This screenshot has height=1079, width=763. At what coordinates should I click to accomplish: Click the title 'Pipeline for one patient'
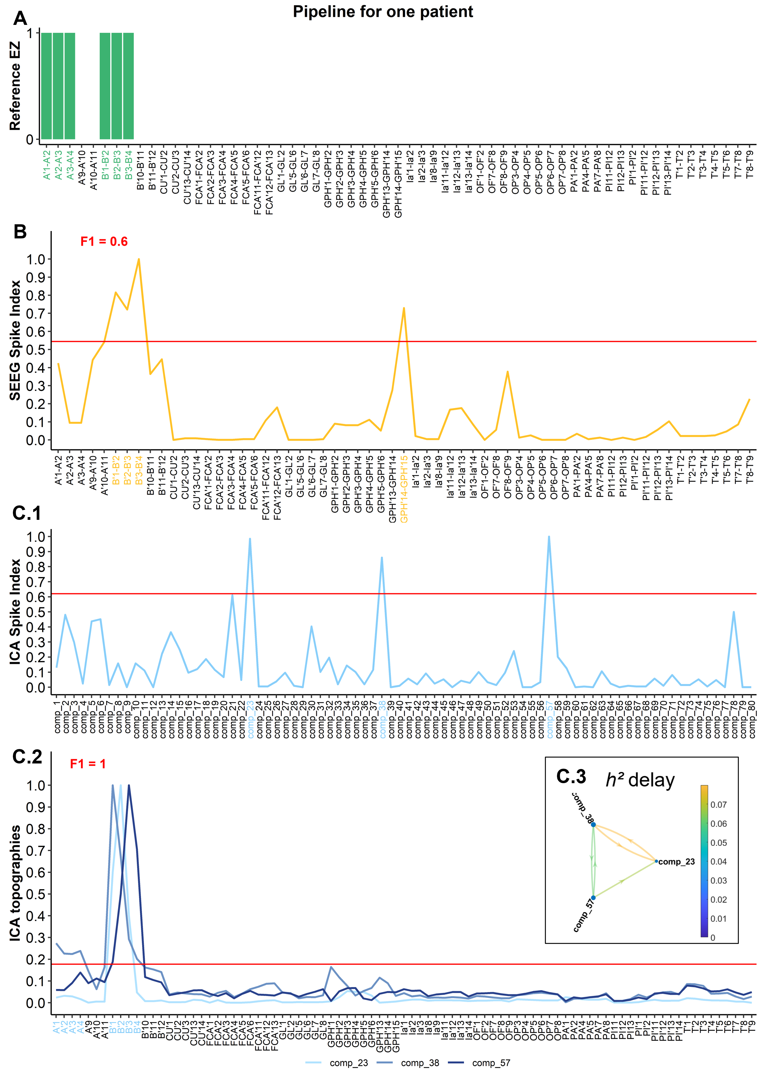point(383,12)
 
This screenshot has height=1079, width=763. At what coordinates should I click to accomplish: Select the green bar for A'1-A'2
point(46,86)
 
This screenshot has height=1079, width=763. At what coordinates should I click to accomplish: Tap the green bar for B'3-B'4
point(128,86)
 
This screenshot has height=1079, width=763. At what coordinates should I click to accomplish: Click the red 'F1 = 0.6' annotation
point(104,242)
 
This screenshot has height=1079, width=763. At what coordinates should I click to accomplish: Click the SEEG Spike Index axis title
point(15,340)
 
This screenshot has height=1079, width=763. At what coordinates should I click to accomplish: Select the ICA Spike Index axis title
point(15,611)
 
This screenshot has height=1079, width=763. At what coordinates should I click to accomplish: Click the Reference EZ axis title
point(15,86)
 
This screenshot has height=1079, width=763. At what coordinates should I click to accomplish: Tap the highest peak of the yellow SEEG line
point(138,259)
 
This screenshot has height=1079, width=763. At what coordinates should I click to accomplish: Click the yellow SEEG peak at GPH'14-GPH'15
point(403,308)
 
